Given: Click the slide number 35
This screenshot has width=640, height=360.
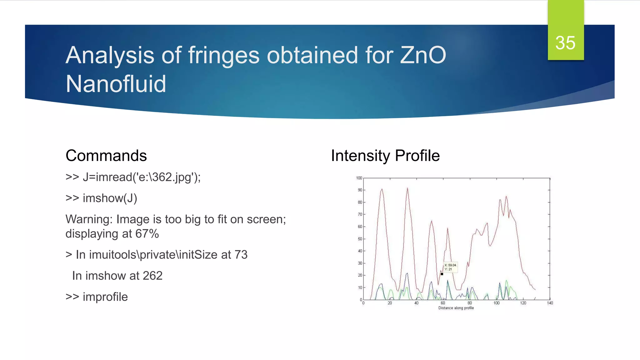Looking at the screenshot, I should [x=565, y=43].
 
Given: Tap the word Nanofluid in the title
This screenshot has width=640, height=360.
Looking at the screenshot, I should [x=116, y=84].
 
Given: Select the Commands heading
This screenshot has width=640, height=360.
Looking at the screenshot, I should [x=106, y=156].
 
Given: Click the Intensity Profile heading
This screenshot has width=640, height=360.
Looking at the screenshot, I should [x=385, y=156].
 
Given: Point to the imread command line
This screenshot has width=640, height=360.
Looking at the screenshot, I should [x=133, y=177].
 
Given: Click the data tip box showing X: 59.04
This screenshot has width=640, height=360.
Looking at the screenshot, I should [x=450, y=267].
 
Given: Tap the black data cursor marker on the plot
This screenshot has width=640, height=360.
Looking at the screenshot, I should [x=442, y=274].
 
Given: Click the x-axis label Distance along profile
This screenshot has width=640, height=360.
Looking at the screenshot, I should [x=456, y=308].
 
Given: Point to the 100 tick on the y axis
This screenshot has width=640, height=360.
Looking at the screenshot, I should [x=359, y=178].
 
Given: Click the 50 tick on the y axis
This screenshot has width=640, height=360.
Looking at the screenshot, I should [x=360, y=239].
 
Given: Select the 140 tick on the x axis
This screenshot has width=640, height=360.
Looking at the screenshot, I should [x=550, y=303].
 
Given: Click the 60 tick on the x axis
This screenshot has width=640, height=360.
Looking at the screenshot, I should [x=443, y=303].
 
